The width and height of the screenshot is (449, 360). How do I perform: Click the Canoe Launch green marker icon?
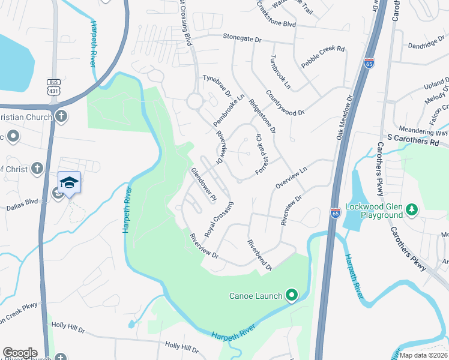[292, 295]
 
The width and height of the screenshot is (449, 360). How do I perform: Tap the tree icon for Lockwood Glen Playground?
[412, 209]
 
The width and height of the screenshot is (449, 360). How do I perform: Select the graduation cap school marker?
[69, 182]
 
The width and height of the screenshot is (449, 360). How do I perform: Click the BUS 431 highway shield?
[53, 86]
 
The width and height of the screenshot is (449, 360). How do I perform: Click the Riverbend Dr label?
[260, 255]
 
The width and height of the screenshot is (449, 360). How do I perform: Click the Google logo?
[20, 353]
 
